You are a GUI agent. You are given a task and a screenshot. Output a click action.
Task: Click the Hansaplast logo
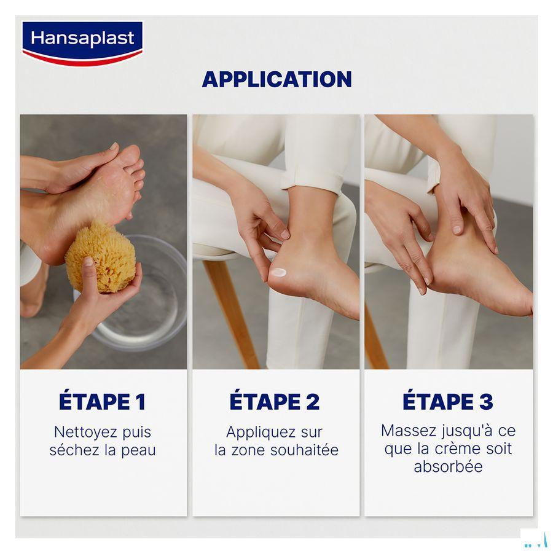82,42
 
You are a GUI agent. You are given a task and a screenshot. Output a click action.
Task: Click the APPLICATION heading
276,79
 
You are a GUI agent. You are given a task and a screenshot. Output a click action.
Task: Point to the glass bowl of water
147,295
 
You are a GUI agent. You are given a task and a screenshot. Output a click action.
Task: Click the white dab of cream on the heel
279,272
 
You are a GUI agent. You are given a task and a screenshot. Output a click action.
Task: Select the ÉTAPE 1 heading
102,402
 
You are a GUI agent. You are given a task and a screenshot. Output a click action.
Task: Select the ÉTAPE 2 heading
275,402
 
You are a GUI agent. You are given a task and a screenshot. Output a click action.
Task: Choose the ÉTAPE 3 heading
447,402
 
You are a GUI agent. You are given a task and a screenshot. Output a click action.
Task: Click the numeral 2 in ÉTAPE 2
312,402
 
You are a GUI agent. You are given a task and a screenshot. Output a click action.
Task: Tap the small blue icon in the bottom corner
535,541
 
